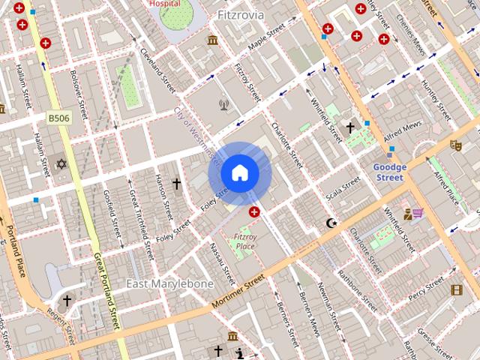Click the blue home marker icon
pyautogui.click(x=239, y=173)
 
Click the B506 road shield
pyautogui.click(x=58, y=118)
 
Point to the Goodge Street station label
pyautogui.click(x=389, y=172)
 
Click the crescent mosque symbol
pyautogui.click(x=331, y=223)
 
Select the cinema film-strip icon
pyautogui.click(x=457, y=290)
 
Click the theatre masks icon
pyautogui.click(x=454, y=145)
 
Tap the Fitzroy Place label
pyautogui.click(x=244, y=241)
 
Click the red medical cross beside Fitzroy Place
pyautogui.click(x=255, y=213)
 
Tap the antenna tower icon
pyautogui.click(x=223, y=104)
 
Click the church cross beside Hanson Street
pyautogui.click(x=177, y=184)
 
